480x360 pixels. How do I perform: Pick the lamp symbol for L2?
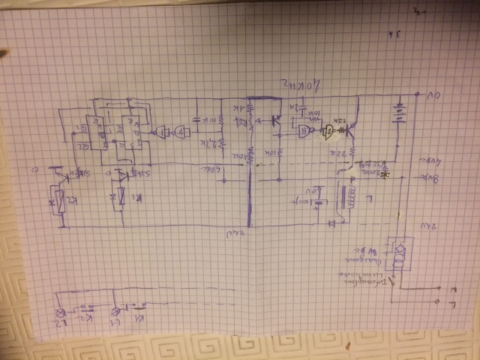click(62, 314)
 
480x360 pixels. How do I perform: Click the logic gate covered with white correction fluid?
click(328, 133)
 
